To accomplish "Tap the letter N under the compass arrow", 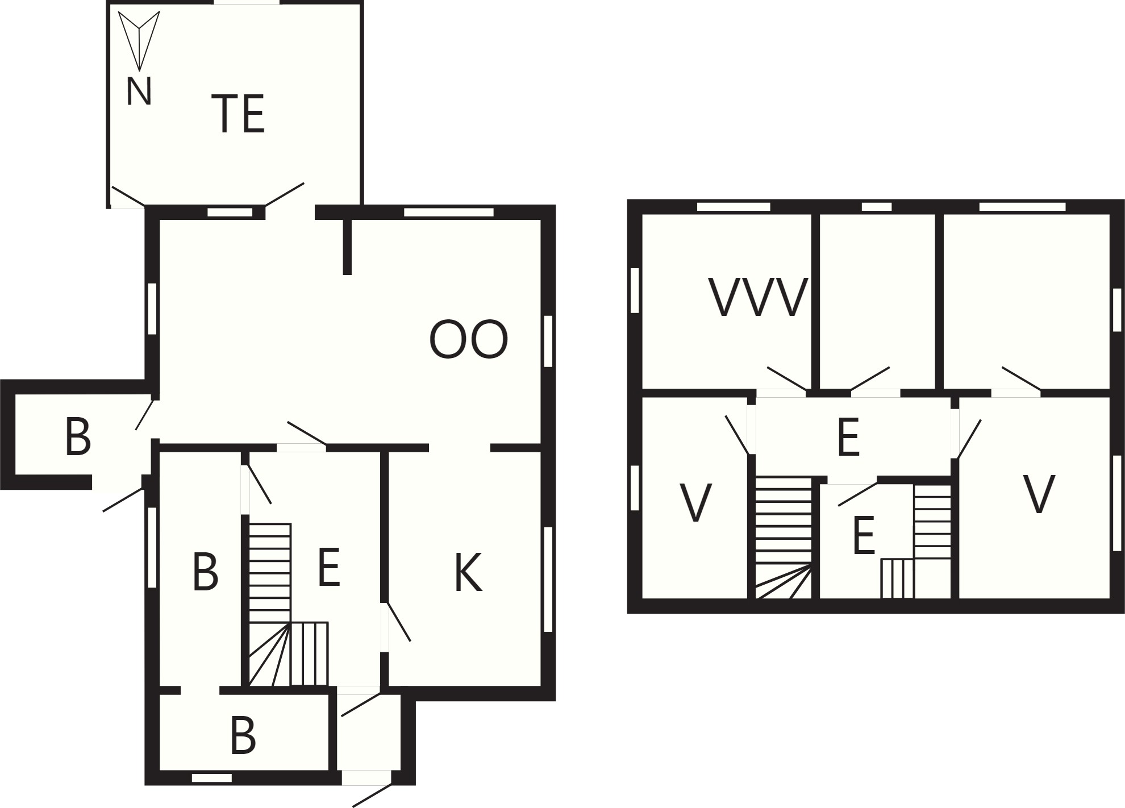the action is tap(139, 91).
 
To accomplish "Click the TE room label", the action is tap(238, 114).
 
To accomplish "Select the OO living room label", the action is tap(468, 340).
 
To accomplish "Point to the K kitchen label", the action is tap(468, 572).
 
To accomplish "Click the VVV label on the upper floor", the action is tap(759, 297).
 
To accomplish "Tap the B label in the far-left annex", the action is tap(78, 437).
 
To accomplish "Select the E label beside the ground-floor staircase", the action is tap(329, 567).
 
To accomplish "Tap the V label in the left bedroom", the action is tap(695, 502).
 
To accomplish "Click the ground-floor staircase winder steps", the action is tap(270, 654).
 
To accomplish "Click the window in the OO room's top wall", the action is tap(449, 213).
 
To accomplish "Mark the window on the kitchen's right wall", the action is tap(548, 580).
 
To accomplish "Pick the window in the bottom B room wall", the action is tap(212, 778).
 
